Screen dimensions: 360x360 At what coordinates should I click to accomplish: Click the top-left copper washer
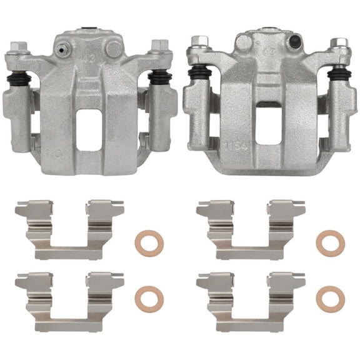point(147,241)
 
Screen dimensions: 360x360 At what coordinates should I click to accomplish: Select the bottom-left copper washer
point(147,298)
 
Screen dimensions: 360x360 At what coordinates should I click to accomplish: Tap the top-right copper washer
point(329,242)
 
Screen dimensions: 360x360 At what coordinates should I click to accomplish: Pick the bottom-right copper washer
point(329,298)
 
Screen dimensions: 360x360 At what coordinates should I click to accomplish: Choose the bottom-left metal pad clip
point(69,287)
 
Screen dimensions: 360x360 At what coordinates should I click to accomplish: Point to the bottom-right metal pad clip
point(251,287)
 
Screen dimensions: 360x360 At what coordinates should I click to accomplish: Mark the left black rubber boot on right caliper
point(201,76)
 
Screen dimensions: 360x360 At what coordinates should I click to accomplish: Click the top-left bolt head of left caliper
point(18,46)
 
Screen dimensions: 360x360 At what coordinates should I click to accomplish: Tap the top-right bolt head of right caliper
point(339,44)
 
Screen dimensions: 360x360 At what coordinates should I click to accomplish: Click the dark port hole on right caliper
point(292,42)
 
